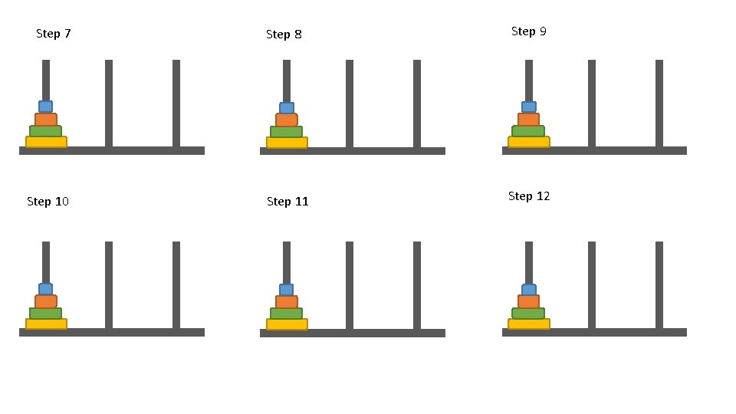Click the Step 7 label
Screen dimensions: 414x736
pos(54,34)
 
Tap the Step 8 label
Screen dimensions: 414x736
pos(284,34)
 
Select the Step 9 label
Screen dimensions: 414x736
pos(529,31)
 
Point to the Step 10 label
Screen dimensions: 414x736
pos(48,202)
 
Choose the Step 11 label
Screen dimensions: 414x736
pos(287,202)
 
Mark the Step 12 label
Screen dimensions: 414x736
pos(529,196)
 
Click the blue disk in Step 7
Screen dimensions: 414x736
pos(46,107)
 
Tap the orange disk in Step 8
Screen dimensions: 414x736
pos(287,120)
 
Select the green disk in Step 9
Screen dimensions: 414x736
pos(528,131)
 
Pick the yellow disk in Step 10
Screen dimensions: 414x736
pos(46,324)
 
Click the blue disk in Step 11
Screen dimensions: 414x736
pos(287,290)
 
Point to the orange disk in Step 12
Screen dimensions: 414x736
pos(528,301)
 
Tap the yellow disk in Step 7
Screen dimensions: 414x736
pos(46,142)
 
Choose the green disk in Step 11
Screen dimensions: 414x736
pos(287,314)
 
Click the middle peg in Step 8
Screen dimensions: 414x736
pos(350,103)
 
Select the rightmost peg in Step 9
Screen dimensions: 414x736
pos(659,103)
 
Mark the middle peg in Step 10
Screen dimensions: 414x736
pos(109,284)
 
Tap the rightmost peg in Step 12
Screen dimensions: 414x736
pos(659,284)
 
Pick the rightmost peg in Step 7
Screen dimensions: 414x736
pos(176,103)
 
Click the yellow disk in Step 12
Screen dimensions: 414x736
pos(528,324)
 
